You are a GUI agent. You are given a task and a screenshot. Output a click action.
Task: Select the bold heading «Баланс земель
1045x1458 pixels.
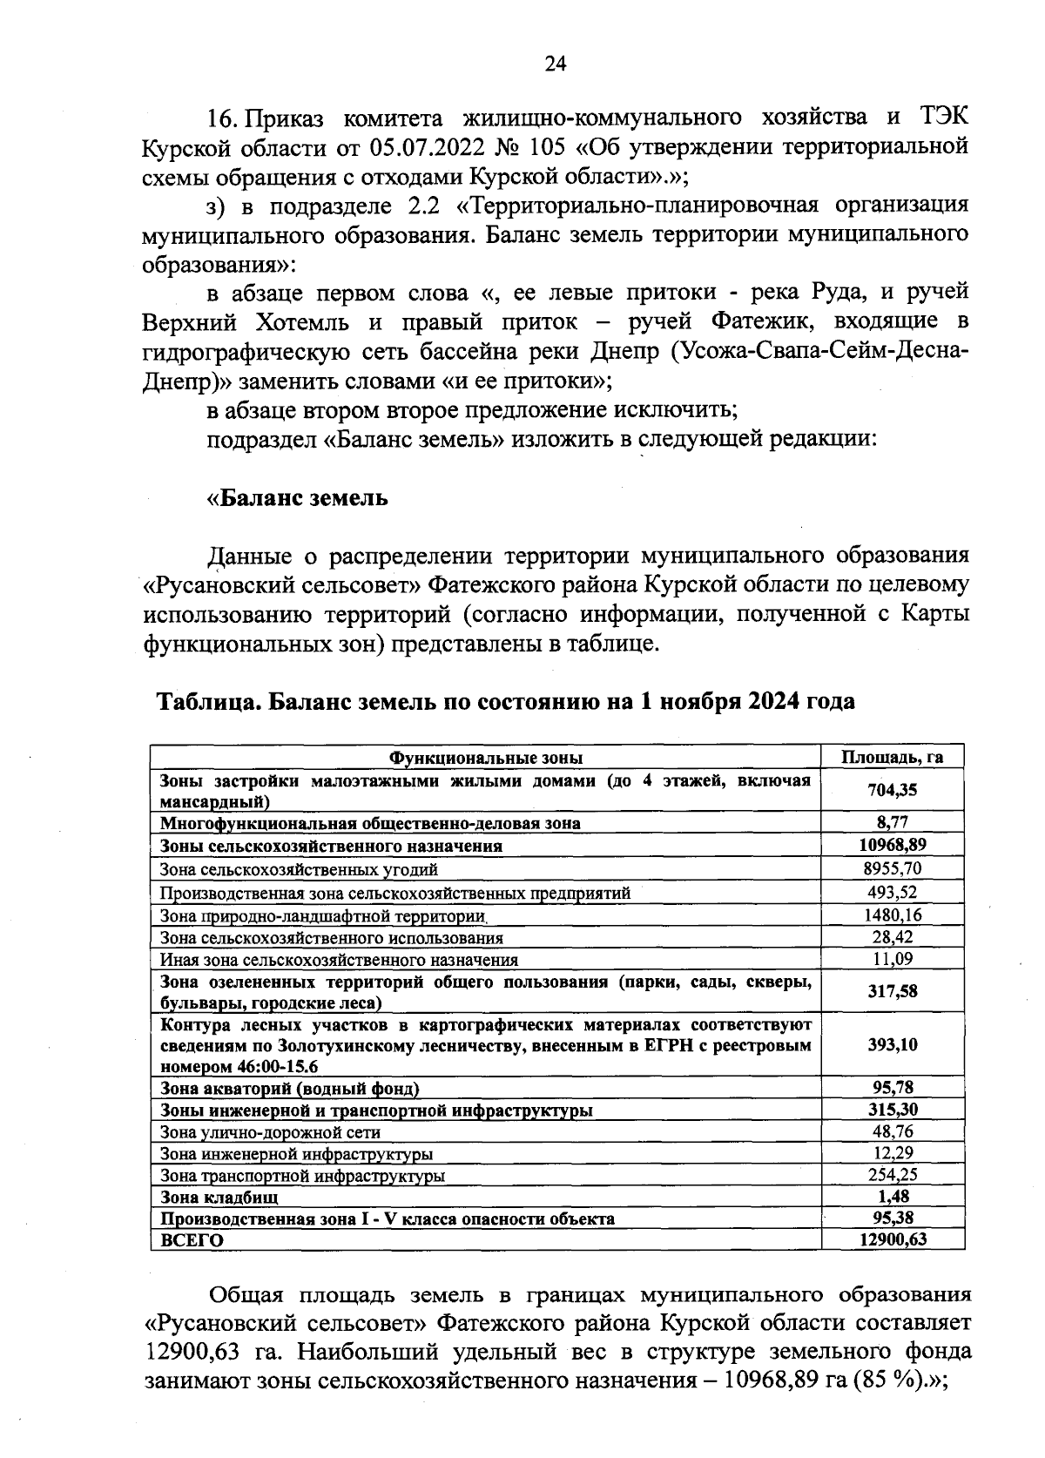click(x=297, y=498)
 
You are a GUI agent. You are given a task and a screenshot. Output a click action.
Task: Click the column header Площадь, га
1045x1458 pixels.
click(x=892, y=757)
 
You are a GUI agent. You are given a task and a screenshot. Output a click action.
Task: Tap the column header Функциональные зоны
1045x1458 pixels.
click(x=485, y=758)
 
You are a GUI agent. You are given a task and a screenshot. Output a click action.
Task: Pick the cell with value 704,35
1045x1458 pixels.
click(x=892, y=791)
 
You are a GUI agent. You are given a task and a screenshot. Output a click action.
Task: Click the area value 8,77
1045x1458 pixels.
click(x=893, y=822)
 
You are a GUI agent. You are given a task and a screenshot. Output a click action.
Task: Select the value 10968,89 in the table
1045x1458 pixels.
click(x=892, y=845)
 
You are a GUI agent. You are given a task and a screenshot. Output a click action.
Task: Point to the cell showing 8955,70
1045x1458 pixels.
click(x=892, y=868)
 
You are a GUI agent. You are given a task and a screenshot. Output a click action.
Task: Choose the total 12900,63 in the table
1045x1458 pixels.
click(x=892, y=1239)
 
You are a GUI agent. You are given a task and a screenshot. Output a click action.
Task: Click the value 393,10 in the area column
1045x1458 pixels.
click(x=892, y=1044)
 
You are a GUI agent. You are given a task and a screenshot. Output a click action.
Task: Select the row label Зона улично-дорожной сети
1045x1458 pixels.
click(x=271, y=1132)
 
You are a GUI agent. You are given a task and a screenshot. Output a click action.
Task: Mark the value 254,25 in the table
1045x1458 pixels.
click(x=892, y=1175)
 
